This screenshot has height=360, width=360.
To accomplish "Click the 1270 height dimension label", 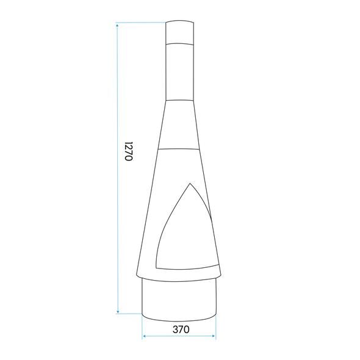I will pyautogui.click(x=128, y=151).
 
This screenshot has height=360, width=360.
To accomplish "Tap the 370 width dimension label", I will pyautogui.click(x=180, y=329).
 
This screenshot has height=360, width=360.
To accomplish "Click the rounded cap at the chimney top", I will pyautogui.click(x=179, y=32).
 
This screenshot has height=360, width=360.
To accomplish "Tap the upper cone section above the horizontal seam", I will pyautogui.click(x=179, y=125).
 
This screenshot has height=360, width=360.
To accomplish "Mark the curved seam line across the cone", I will pyautogui.click(x=179, y=148).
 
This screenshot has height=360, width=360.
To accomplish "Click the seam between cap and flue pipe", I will pyautogui.click(x=179, y=44).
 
